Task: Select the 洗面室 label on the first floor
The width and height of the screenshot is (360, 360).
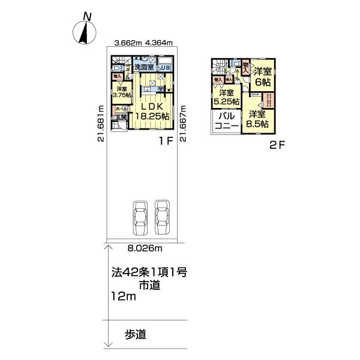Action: pos(145,68)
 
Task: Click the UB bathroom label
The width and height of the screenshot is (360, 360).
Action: pos(164,68)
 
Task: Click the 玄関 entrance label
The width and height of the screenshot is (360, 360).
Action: pos(121,118)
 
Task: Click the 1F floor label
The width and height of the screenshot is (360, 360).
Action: pos(166,142)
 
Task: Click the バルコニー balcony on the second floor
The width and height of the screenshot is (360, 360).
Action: pos(227,121)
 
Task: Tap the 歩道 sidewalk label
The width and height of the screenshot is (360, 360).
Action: pos(136,334)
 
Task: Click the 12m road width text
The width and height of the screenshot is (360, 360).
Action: pos(124,297)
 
